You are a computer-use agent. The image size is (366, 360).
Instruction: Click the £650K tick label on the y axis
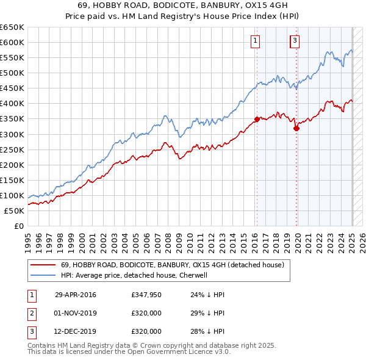[12, 27]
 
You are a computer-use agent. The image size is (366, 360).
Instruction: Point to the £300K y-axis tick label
[12, 134]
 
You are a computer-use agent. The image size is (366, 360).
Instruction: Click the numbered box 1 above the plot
[254, 41]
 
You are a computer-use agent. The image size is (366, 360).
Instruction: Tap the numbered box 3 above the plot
[295, 41]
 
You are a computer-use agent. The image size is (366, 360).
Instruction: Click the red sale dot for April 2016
[257, 119]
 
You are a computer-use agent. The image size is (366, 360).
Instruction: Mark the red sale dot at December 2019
[296, 128]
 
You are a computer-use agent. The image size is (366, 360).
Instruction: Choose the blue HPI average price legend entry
[134, 276]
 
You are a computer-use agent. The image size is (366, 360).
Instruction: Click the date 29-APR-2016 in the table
[75, 295]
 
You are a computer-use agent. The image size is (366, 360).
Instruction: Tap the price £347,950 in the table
[146, 295]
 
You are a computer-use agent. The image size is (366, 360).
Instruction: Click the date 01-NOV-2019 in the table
[76, 313]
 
